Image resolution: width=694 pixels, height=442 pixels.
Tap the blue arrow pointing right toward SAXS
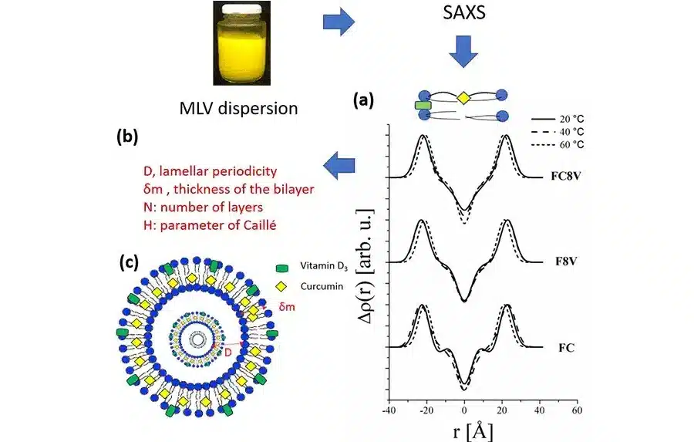pos(339,24)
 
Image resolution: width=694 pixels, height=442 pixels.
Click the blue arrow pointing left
pos(340,163)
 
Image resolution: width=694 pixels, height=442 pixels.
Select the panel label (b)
pos(127,138)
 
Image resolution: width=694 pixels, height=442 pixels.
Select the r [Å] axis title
pos(470,427)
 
